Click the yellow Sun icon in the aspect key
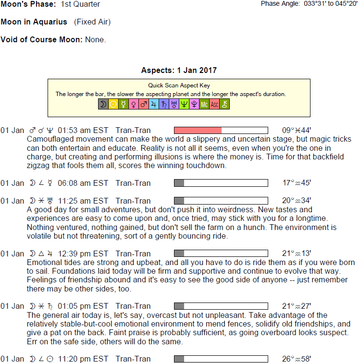tap(113, 104)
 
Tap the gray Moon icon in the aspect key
tap(103, 104)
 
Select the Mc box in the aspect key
tap(204, 104)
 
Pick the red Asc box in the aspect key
tap(214, 104)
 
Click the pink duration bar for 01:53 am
tap(198, 130)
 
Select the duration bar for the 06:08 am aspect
tap(221, 183)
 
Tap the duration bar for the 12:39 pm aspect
tap(221, 254)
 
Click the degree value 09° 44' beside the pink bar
tap(297, 130)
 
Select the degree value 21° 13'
tap(297, 254)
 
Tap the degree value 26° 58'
tap(297, 359)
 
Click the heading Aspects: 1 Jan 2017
tap(179, 71)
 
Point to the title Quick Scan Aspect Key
tap(179, 85)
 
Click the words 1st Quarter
tap(80, 4)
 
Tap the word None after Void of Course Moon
tap(95, 40)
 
